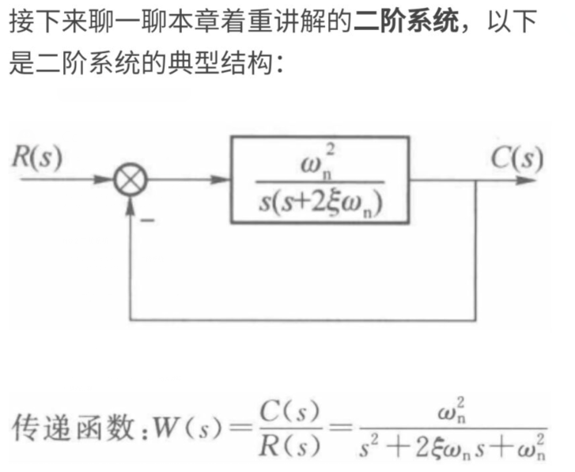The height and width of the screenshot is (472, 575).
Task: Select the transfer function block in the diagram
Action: point(320,179)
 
